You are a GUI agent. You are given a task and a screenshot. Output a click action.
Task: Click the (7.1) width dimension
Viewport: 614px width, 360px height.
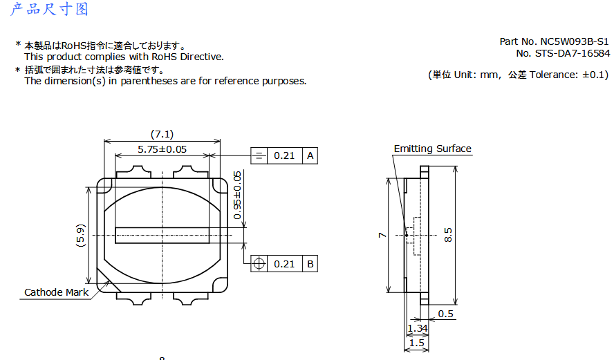point(162,134)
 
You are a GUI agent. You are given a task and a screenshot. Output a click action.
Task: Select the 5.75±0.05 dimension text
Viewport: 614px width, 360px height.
point(162,149)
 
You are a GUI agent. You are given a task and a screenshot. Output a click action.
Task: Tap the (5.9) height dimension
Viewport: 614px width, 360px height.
point(80,235)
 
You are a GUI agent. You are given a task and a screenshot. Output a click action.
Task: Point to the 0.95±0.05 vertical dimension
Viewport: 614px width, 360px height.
point(237,196)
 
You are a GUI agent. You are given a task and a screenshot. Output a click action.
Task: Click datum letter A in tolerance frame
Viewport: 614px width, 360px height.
point(310,155)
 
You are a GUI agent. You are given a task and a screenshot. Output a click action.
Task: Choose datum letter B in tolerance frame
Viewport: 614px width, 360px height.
point(310,264)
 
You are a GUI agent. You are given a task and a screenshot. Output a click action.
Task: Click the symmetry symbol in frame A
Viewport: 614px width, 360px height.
point(259,155)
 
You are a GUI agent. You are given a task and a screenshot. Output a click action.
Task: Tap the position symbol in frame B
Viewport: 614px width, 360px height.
point(259,264)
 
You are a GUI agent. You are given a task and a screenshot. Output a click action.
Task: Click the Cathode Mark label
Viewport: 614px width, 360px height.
point(57,292)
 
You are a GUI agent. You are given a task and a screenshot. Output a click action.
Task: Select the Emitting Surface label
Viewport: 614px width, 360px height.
point(432,149)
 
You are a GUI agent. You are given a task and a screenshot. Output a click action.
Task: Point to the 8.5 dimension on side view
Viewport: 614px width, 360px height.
point(448,235)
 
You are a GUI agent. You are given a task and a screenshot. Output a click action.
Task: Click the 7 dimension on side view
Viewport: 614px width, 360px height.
point(382,235)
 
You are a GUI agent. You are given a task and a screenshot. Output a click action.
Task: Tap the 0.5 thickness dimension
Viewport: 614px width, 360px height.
point(445,314)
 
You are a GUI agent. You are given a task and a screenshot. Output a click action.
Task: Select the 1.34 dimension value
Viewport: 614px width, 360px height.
point(418,328)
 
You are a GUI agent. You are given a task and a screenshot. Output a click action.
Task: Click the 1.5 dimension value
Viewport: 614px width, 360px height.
point(417,343)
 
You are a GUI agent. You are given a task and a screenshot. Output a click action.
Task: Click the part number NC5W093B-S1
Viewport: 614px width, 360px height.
point(575,41)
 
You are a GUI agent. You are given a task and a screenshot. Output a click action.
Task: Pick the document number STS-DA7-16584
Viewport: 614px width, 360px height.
point(573,53)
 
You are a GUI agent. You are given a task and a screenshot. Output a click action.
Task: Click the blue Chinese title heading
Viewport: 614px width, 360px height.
point(49,8)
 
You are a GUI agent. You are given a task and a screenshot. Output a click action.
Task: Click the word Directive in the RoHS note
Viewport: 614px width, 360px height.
point(202,57)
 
